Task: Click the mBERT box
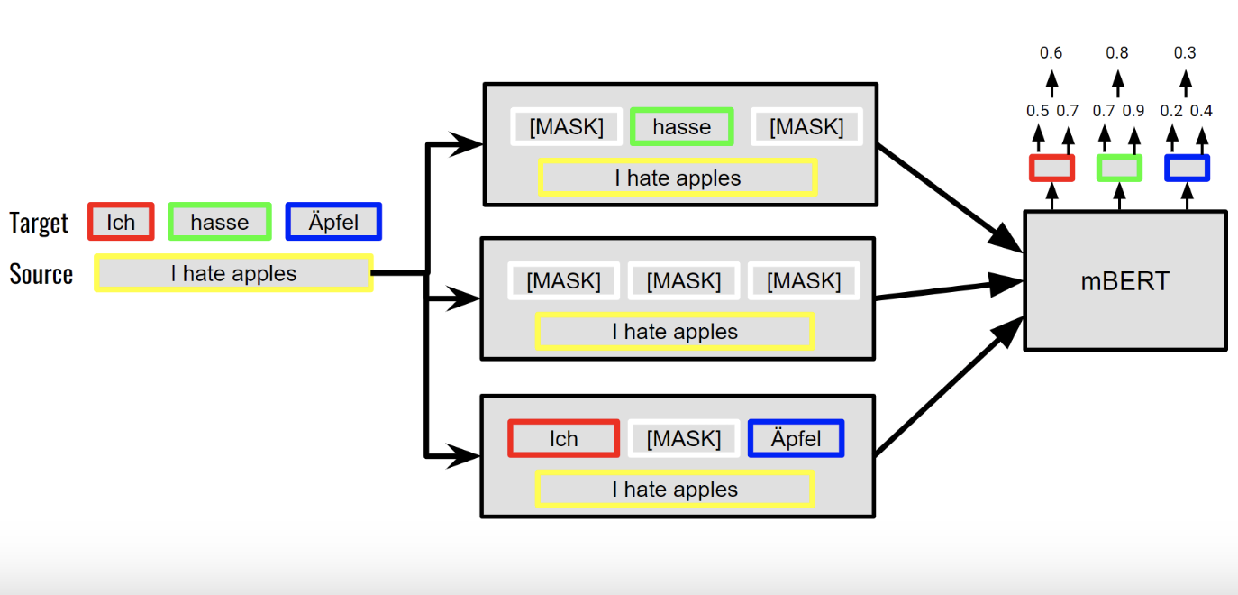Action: click(1124, 280)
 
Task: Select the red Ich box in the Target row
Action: click(121, 222)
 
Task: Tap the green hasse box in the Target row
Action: click(219, 222)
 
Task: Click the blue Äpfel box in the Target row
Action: click(333, 222)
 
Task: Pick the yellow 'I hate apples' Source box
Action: click(233, 273)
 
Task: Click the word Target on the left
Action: click(39, 223)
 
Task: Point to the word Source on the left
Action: click(41, 274)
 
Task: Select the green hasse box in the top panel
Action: click(681, 127)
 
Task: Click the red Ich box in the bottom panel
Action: click(563, 439)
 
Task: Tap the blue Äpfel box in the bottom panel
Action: click(796, 439)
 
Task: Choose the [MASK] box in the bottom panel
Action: click(683, 439)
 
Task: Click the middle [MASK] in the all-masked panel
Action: click(683, 281)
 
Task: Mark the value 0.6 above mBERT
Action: click(1051, 53)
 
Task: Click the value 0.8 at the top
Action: click(1117, 53)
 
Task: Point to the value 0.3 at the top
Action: click(1185, 53)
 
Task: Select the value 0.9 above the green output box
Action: click(1133, 111)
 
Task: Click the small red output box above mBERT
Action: click(1051, 168)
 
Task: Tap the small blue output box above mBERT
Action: click(1186, 168)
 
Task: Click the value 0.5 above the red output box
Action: click(1037, 111)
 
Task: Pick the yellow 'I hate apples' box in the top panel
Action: click(677, 178)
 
